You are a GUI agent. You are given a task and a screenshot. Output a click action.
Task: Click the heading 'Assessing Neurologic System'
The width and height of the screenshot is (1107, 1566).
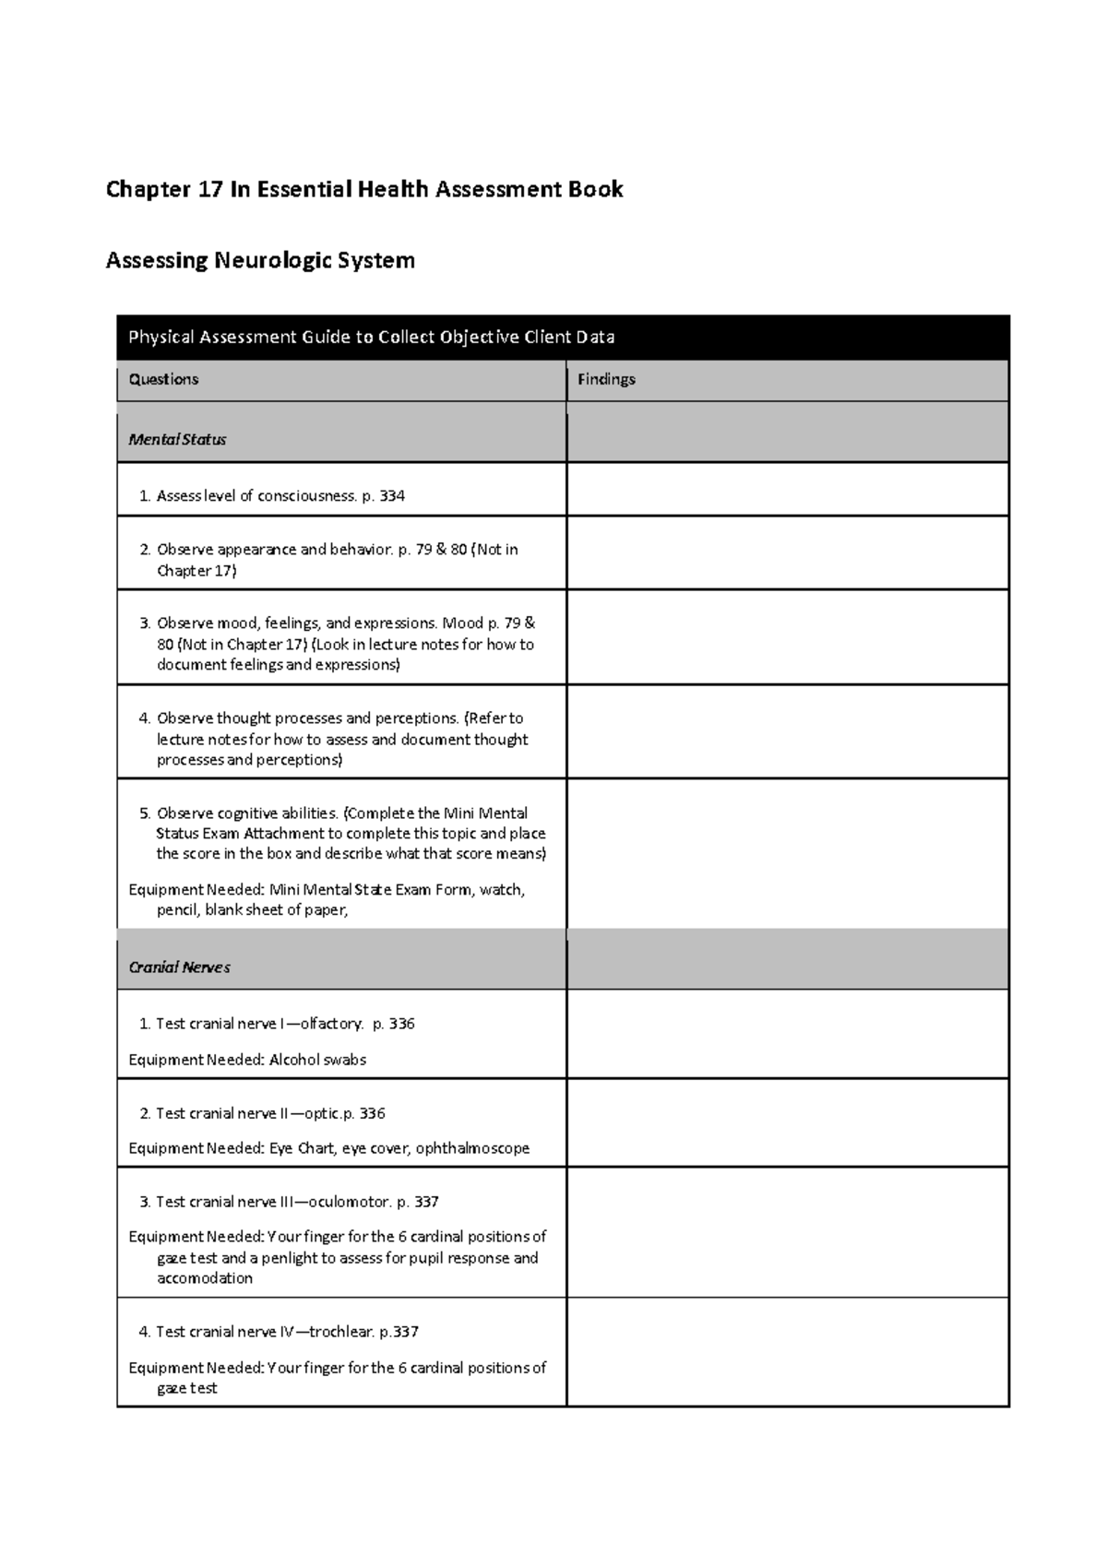pyautogui.click(x=260, y=261)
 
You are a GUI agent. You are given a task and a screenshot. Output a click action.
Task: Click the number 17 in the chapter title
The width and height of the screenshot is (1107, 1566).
pyautogui.click(x=207, y=190)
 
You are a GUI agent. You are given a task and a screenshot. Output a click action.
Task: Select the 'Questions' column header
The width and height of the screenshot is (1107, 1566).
pyautogui.click(x=163, y=379)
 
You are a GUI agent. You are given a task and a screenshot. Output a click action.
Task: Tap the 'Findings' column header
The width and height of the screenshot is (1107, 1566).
pyautogui.click(x=606, y=379)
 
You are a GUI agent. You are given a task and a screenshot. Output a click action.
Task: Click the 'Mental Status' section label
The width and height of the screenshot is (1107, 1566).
pyautogui.click(x=177, y=440)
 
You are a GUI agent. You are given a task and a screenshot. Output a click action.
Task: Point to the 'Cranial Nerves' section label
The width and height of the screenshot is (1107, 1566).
pyautogui.click(x=179, y=967)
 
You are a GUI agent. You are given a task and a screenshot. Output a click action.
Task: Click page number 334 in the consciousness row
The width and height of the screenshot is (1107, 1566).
pyautogui.click(x=392, y=496)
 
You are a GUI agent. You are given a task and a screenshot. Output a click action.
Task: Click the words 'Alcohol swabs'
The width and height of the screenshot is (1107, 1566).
pyautogui.click(x=317, y=1060)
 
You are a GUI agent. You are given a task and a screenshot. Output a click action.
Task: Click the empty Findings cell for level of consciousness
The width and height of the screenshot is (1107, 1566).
pyautogui.click(x=787, y=489)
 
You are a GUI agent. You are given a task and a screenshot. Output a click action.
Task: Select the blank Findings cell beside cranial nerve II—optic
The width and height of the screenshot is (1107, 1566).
pyautogui.click(x=787, y=1122)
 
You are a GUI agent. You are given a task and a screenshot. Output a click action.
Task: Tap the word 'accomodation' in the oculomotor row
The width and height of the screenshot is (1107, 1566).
pyautogui.click(x=205, y=1278)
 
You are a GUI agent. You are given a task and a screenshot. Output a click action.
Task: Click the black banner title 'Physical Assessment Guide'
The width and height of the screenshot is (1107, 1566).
pyautogui.click(x=371, y=338)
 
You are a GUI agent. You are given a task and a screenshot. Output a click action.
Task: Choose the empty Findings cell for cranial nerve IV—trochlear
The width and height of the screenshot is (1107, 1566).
pyautogui.click(x=787, y=1351)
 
